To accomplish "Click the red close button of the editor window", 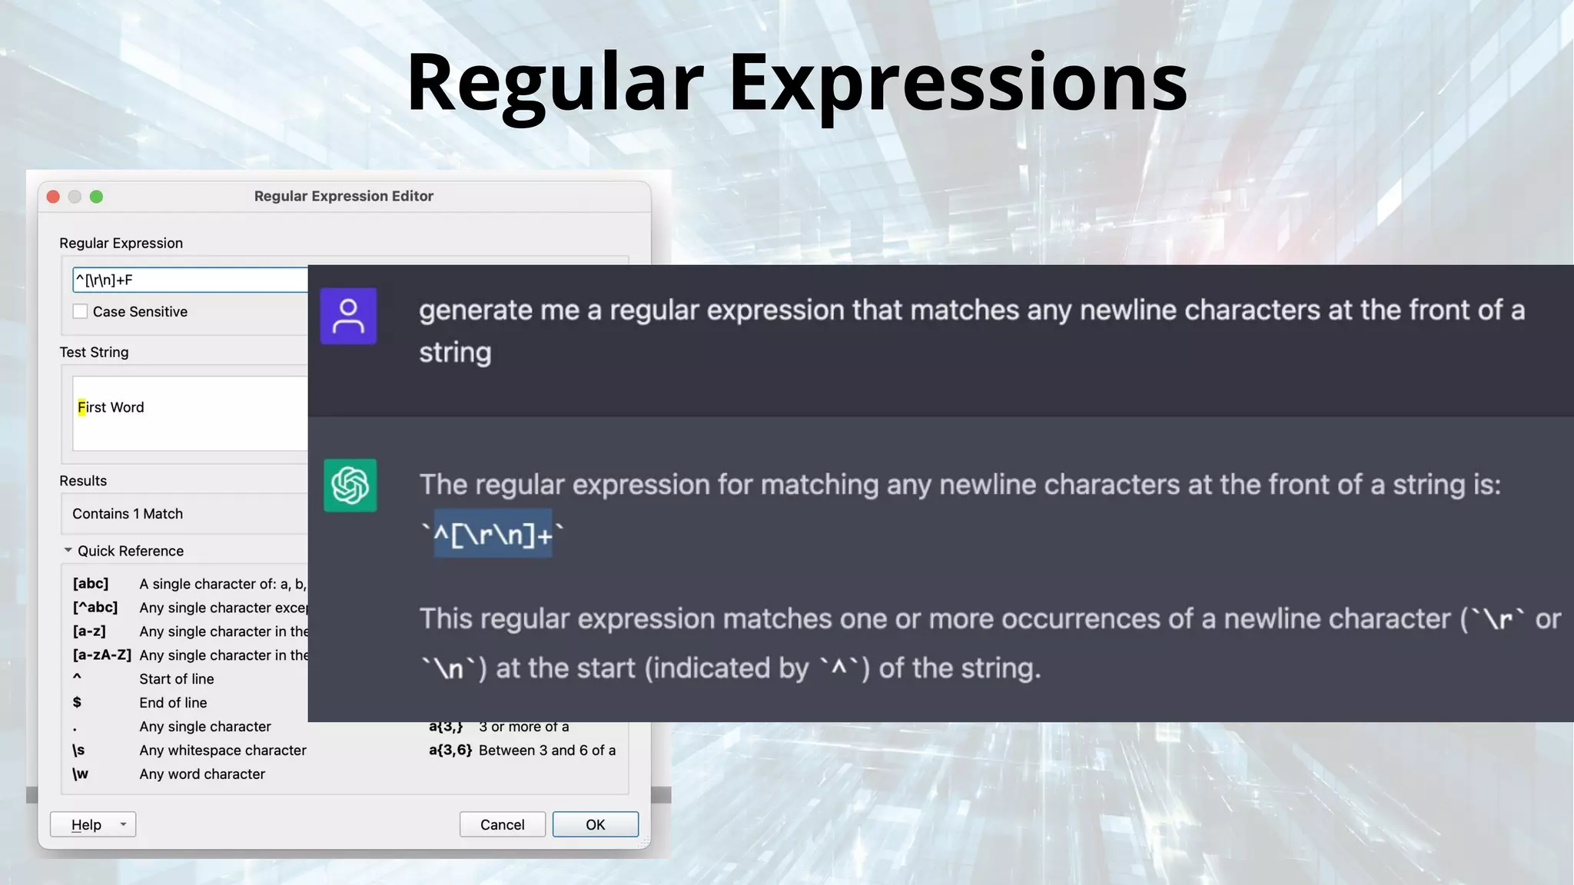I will coord(53,197).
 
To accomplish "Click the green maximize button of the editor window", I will coord(96,197).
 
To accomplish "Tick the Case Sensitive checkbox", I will coord(80,311).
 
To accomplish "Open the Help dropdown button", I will coord(122,824).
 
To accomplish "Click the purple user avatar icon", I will coord(348,316).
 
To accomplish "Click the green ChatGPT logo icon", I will coord(350,486).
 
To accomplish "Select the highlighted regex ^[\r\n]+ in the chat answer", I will coord(493,534).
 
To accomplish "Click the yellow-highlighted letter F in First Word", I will coord(81,407).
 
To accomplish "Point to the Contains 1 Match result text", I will coord(128,514).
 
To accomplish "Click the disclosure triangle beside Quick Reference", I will coord(68,550).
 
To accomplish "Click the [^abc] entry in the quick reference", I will coord(95,608).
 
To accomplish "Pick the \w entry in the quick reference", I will coord(81,774).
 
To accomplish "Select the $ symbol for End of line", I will coord(77,702).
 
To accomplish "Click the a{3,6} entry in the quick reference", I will coord(450,751).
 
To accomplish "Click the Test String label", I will coord(94,352).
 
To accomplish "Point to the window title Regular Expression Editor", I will coord(344,196).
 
